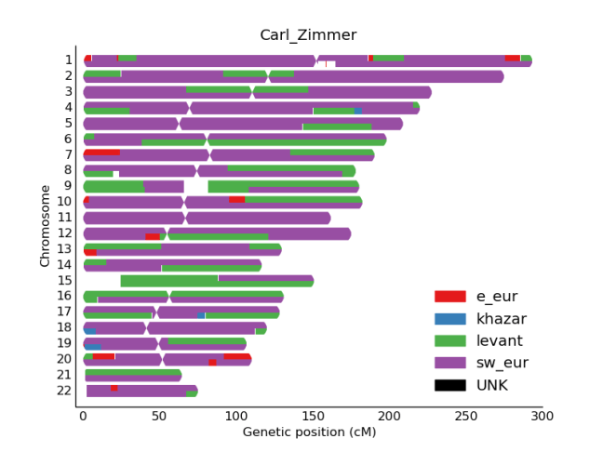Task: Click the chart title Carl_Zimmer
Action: click(x=308, y=35)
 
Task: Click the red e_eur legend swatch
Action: click(x=449, y=297)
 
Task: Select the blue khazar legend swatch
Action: click(x=449, y=319)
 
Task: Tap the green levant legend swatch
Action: click(x=449, y=341)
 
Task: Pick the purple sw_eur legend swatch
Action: click(x=449, y=364)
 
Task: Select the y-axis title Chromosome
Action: click(x=45, y=225)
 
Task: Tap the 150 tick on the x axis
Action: click(x=312, y=418)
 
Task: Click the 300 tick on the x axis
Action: click(x=542, y=418)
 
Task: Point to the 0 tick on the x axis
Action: click(x=83, y=418)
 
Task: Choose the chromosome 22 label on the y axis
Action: click(x=63, y=391)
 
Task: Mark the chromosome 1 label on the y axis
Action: click(x=68, y=60)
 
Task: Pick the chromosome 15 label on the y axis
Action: click(x=63, y=281)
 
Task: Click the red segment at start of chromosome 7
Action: click(x=101, y=153)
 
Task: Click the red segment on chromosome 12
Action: click(x=152, y=236)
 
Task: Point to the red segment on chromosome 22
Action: click(x=114, y=388)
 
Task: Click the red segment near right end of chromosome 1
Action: click(x=512, y=58)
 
